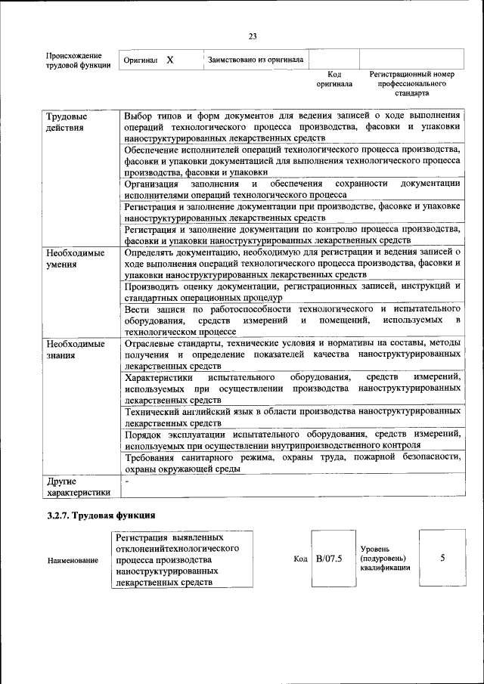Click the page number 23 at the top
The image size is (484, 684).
tap(253, 35)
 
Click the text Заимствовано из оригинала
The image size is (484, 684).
tap(256, 58)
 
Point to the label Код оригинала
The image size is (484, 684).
tap(334, 79)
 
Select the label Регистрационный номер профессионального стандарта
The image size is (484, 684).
tap(411, 84)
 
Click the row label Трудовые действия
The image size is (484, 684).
tap(64, 122)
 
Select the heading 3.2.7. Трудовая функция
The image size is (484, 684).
tap(101, 516)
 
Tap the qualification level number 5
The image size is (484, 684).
tap(442, 558)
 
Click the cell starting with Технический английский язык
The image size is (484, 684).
tap(293, 415)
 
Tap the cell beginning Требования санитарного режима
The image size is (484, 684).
tap(293, 463)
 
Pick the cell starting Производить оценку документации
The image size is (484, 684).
tap(293, 291)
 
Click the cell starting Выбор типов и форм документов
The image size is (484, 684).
tap(293, 128)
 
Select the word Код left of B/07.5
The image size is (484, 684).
tap(299, 559)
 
